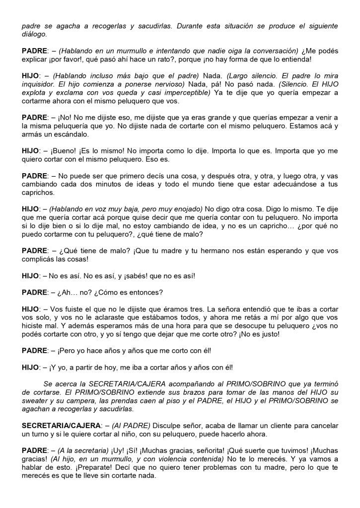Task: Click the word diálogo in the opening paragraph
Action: [x=35, y=34]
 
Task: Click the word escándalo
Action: [x=71, y=134]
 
